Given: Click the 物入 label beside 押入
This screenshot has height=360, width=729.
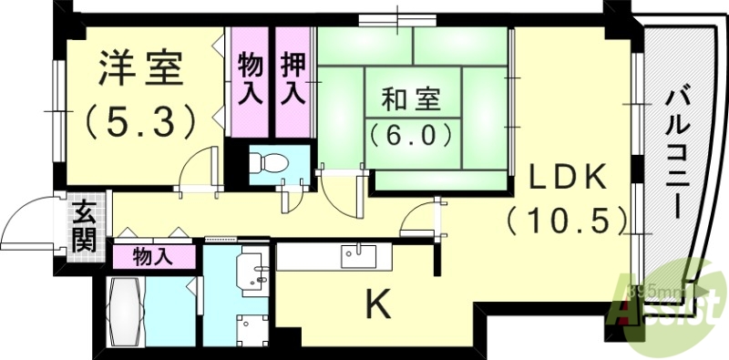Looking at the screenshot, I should click(x=251, y=79).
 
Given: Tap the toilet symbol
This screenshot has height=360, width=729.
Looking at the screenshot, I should click(x=270, y=165).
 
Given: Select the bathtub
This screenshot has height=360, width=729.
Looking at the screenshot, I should click(x=125, y=310).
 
